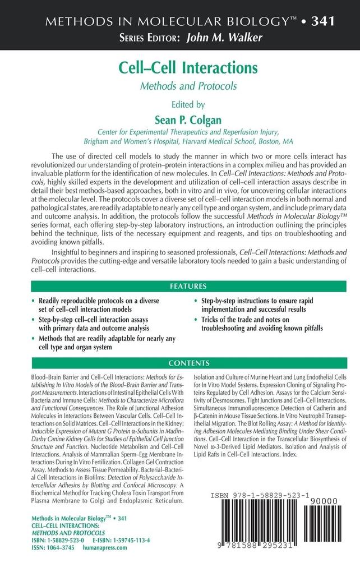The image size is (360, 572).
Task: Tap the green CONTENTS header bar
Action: coord(180,362)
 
